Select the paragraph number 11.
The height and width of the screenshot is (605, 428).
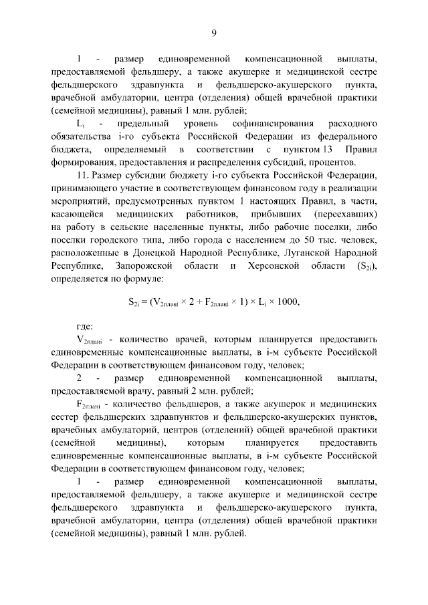(x=83, y=176)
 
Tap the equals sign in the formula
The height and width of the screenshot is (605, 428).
(x=148, y=301)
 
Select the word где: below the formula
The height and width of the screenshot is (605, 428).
(x=85, y=327)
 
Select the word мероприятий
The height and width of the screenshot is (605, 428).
(x=79, y=201)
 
